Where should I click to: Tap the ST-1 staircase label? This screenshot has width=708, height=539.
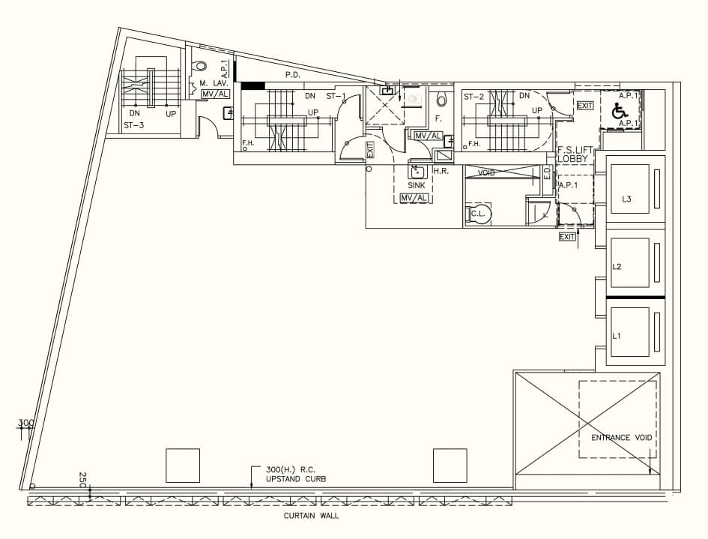335,96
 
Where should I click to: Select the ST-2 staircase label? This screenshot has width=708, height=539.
473,97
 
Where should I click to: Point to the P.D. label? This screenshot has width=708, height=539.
293,76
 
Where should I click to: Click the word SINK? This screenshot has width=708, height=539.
417,184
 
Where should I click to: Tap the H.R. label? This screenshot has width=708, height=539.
441,171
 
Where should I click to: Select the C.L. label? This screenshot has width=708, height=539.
479,214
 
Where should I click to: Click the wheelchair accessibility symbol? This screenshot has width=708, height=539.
620,111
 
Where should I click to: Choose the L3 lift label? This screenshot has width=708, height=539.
627,199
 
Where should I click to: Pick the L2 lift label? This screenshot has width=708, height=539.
617,266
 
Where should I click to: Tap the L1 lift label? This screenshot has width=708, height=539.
617,335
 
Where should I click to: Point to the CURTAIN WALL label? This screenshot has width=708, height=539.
311,516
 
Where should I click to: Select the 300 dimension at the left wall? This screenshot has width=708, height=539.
26,423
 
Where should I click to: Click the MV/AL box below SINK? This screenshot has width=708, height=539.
415,198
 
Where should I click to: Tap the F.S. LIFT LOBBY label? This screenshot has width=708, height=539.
575,154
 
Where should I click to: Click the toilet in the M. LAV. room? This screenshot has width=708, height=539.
200,66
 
